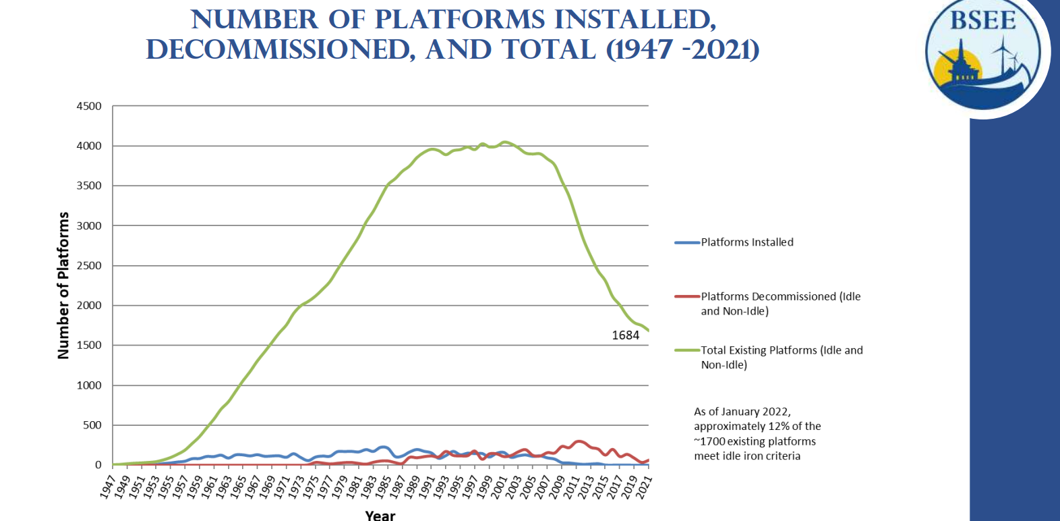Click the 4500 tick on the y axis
89,106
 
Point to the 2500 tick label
89,266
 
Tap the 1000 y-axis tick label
89,385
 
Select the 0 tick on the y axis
98,465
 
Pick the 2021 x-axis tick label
644,487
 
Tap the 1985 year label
383,487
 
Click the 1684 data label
625,335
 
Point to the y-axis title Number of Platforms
63,285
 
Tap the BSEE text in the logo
982,21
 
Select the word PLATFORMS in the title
459,20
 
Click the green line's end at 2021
648,331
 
